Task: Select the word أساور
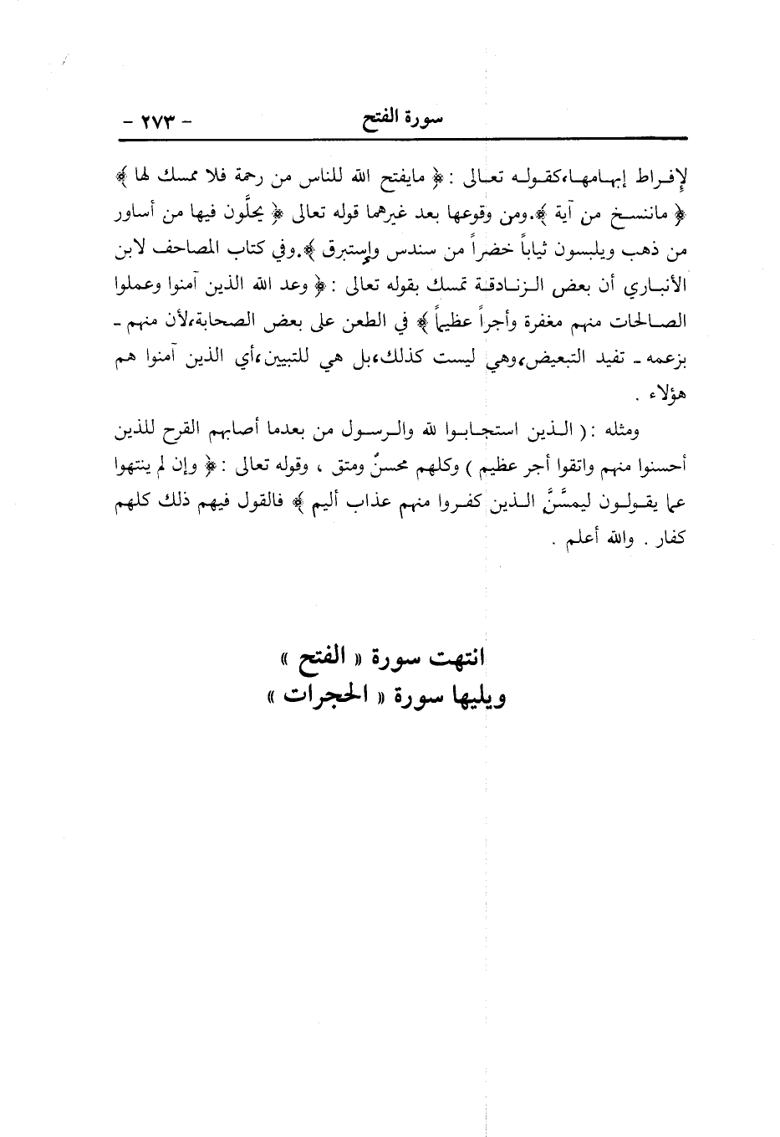(138, 216)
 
